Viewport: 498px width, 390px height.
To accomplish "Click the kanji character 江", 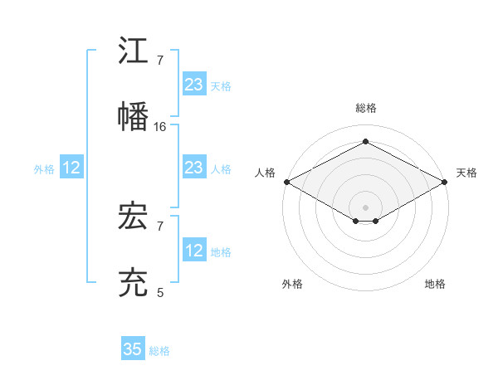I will (134, 51).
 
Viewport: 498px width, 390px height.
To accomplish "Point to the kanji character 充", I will (134, 283).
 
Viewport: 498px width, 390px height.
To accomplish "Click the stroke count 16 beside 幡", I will (160, 127).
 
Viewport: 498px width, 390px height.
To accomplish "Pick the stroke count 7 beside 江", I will (160, 61).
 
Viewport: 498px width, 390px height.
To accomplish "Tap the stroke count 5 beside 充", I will (160, 293).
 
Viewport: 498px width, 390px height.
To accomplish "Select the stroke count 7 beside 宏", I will (160, 226).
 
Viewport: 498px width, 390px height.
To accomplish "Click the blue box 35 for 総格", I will (133, 349).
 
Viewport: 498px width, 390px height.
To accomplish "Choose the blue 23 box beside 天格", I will (193, 85).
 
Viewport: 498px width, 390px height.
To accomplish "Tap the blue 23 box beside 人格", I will (193, 168).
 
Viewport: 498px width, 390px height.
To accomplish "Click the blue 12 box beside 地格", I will (193, 251).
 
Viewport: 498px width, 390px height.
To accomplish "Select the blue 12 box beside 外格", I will (71, 168).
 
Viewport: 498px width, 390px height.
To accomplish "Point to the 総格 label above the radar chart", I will (366, 108).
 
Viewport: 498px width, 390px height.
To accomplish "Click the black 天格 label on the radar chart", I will (467, 173).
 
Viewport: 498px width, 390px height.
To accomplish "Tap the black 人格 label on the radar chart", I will (265, 173).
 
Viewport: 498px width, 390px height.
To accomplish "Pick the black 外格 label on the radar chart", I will (292, 284).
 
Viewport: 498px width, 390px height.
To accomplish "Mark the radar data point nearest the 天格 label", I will (446, 182).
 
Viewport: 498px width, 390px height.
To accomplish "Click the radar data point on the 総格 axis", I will (366, 142).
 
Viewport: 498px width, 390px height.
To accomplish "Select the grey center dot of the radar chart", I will (366, 207).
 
